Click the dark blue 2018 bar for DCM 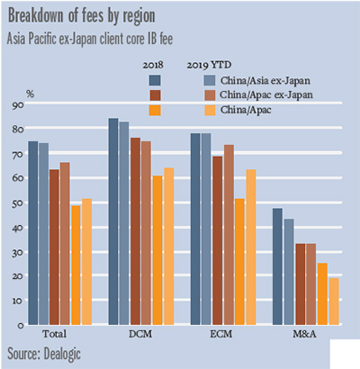point(113,221)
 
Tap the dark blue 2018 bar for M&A point(277,266)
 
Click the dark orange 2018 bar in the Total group point(76,265)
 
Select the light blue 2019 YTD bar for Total point(43,233)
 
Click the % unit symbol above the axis point(30,94)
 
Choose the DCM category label point(140,334)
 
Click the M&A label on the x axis point(305,334)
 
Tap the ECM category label point(222,334)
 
